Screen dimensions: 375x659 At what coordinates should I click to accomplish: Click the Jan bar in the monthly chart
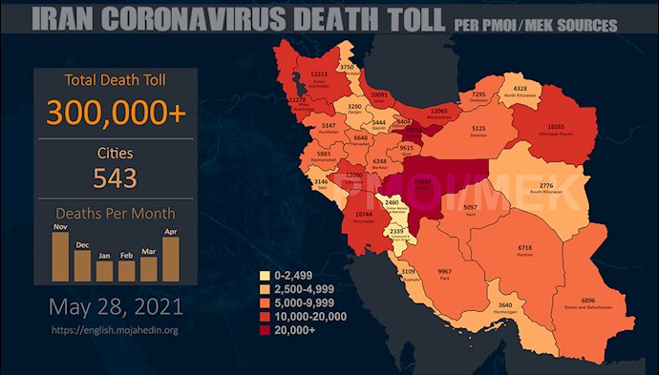pyautogui.click(x=104, y=271)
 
